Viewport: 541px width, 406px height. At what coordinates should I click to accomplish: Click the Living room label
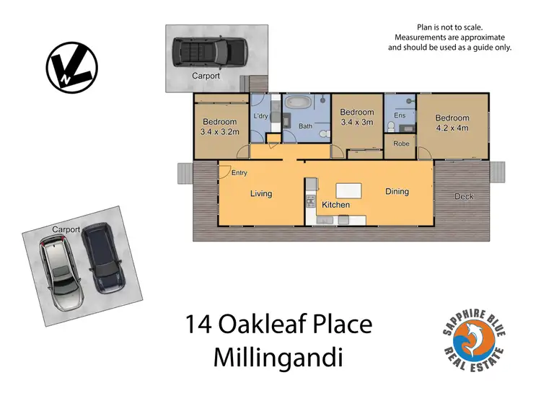pyautogui.click(x=260, y=193)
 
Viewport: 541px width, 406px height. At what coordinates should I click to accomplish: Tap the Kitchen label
pyautogui.click(x=335, y=205)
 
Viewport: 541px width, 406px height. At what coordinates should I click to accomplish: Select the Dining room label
pyautogui.click(x=397, y=192)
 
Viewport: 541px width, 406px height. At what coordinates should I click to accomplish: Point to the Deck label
pyautogui.click(x=465, y=196)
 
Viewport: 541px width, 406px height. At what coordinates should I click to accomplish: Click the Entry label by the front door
pyautogui.click(x=239, y=172)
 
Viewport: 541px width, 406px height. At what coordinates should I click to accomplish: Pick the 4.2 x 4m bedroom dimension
pyautogui.click(x=452, y=128)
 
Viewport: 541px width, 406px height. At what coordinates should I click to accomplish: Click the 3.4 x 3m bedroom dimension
pyautogui.click(x=357, y=123)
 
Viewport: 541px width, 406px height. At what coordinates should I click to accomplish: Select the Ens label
pyautogui.click(x=400, y=115)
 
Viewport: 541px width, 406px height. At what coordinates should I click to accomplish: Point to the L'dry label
pyautogui.click(x=260, y=115)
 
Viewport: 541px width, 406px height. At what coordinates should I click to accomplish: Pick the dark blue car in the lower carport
pyautogui.click(x=101, y=257)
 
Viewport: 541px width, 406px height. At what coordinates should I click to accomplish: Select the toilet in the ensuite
pyautogui.click(x=391, y=126)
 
